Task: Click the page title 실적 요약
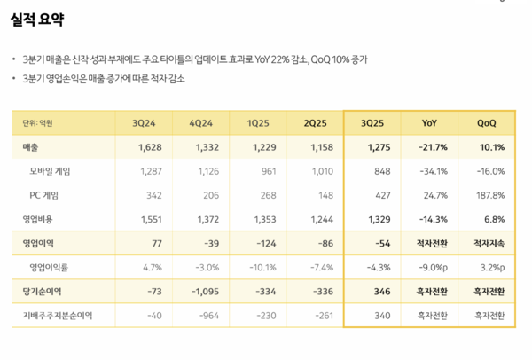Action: [37, 20]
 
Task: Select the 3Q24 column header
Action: [145, 122]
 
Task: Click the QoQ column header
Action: [486, 122]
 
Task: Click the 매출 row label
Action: [30, 146]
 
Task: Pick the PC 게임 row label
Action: [44, 194]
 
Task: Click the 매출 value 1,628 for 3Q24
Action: [148, 146]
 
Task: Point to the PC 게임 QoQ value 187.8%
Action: [489, 194]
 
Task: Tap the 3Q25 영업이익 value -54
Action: [381, 242]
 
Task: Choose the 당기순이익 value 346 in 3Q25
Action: [381, 291]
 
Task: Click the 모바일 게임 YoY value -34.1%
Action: [435, 170]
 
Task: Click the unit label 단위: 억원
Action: [38, 122]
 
